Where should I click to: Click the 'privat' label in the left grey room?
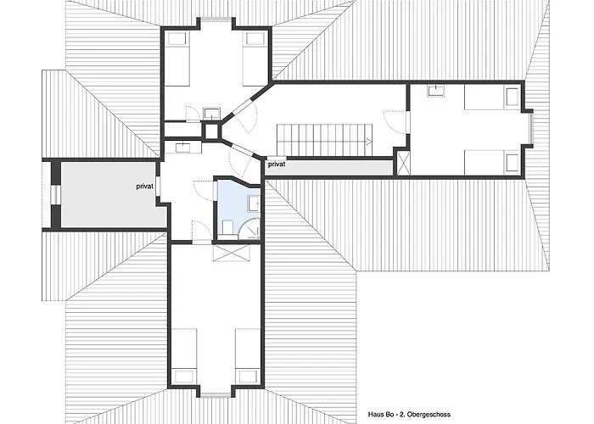click(x=145, y=187)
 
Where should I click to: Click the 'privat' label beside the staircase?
click(x=277, y=165)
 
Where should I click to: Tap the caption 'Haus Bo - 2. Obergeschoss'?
click(x=409, y=415)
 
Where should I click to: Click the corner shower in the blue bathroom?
click(x=251, y=227)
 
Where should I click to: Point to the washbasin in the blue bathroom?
click(x=254, y=204)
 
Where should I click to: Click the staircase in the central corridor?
click(x=325, y=140)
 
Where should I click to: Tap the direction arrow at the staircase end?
click(x=368, y=142)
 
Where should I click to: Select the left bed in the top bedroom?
click(x=177, y=59)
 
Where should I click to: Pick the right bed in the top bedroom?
click(x=255, y=59)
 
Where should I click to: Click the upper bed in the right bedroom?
click(x=491, y=98)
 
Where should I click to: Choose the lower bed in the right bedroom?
click(x=491, y=163)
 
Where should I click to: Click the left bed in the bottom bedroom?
click(x=184, y=357)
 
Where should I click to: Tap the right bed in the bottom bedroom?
click(x=248, y=357)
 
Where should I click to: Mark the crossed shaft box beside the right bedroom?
click(x=403, y=163)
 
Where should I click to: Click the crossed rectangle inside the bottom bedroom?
click(x=232, y=253)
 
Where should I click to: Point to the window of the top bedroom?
click(x=216, y=20)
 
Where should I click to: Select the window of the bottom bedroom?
click(x=216, y=395)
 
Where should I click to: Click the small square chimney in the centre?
click(x=211, y=131)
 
